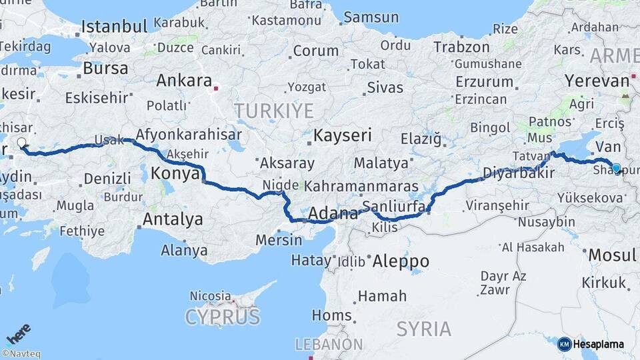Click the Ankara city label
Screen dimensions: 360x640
[183, 81]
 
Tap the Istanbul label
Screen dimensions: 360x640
[114, 27]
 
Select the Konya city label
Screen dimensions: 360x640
[175, 174]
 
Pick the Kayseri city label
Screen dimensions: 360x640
[343, 136]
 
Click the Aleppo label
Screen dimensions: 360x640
[400, 261]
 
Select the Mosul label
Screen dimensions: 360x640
[613, 255]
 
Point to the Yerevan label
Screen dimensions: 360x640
[597, 81]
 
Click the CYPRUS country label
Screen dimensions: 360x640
[223, 317]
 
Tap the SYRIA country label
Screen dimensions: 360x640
[423, 328]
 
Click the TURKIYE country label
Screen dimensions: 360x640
[273, 110]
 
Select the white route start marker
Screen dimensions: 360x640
[21, 142]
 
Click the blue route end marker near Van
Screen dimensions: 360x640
[616, 169]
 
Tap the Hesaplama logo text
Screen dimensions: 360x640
[599, 345]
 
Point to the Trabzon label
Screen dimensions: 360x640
[461, 47]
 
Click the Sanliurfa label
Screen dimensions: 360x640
[393, 206]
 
